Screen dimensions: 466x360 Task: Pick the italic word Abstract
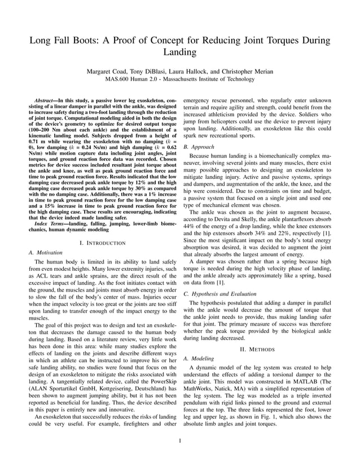point(46,100)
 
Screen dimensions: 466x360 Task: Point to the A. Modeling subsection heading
point(199,358)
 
